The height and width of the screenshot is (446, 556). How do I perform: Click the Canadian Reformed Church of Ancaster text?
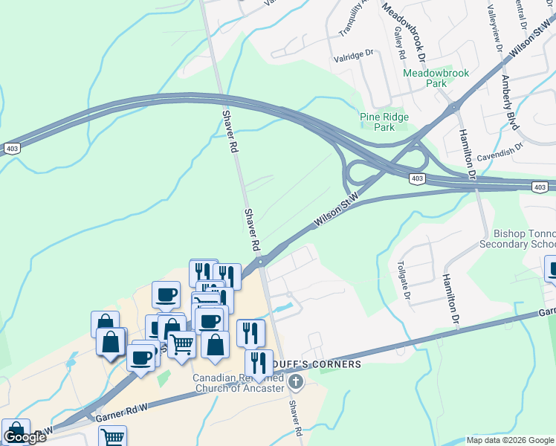tap(239, 382)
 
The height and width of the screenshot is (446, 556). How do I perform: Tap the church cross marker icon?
tap(296, 383)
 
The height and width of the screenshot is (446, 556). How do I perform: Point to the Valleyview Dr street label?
tap(493, 30)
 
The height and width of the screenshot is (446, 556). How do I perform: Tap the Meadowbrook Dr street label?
tap(404, 30)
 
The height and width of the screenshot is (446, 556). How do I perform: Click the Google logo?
tap(25, 437)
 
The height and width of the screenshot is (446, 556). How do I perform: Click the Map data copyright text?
tap(509, 440)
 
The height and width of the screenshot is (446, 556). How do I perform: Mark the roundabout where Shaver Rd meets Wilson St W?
tap(262, 262)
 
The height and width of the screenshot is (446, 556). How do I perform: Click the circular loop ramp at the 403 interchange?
tap(361, 174)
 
